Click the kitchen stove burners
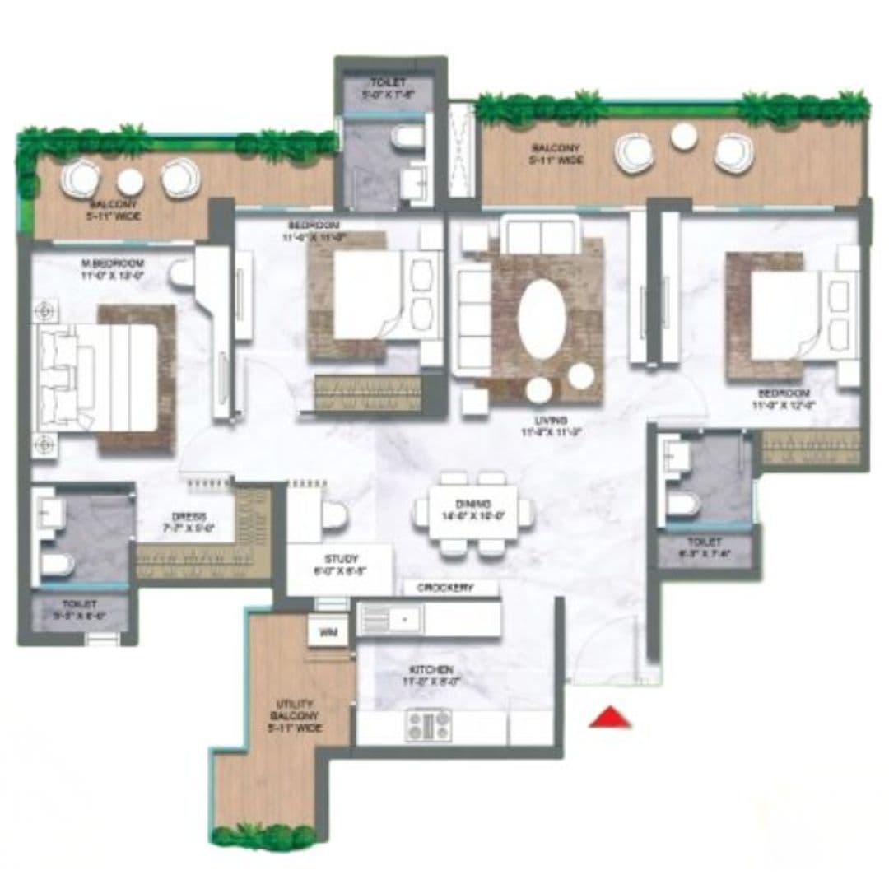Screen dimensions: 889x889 pyautogui.click(x=429, y=725)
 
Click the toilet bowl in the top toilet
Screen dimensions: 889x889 pyautogui.click(x=405, y=139)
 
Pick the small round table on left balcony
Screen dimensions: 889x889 pyautogui.click(x=130, y=179)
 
